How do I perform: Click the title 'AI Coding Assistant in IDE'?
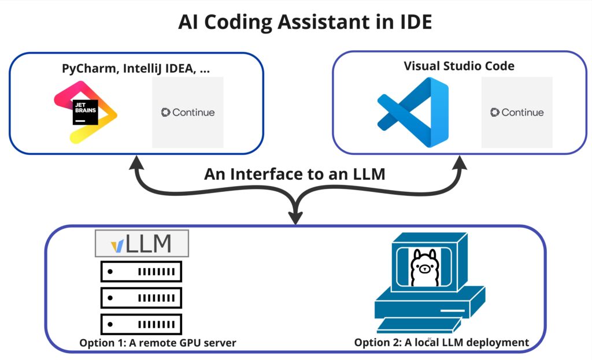[296, 22]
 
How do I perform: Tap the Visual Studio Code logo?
[413, 112]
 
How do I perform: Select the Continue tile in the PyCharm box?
[187, 112]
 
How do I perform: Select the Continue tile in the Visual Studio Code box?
[516, 112]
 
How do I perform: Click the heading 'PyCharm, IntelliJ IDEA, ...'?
[136, 68]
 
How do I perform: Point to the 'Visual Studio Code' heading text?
[458, 66]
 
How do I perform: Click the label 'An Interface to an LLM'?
[294, 174]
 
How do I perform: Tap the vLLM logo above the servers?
[142, 244]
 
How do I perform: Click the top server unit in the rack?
[141, 271]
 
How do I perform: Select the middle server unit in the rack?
[141, 297]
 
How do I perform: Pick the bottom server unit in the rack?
[141, 323]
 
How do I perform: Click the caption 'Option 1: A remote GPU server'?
[157, 343]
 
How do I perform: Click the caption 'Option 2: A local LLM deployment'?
[441, 343]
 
